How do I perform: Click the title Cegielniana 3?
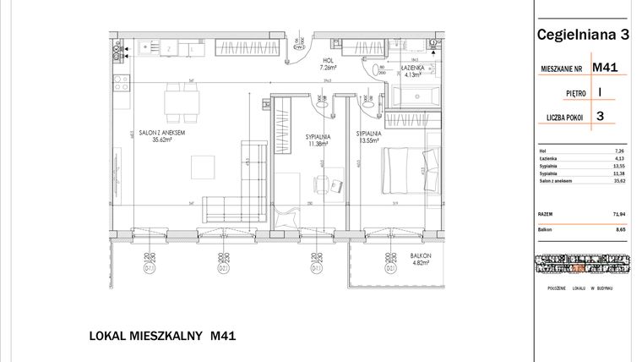pyautogui.click(x=583, y=35)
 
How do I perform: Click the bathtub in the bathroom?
pyautogui.click(x=413, y=96)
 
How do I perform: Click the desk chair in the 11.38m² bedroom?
pyautogui.click(x=321, y=184)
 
